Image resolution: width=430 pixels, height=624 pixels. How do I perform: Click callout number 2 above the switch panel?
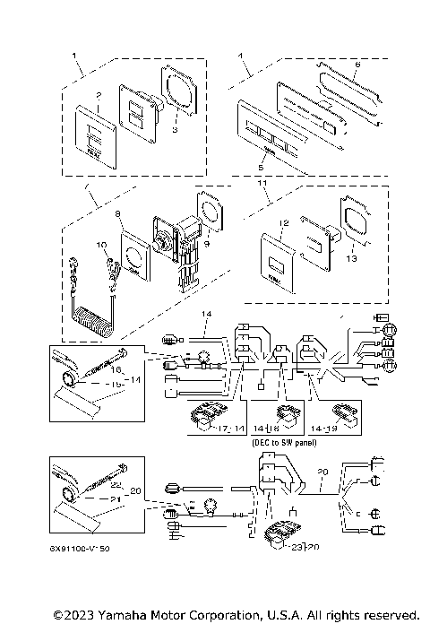(100, 94)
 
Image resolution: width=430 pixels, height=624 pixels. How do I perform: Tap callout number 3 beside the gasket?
(176, 131)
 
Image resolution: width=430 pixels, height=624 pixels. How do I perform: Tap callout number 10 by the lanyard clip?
(101, 244)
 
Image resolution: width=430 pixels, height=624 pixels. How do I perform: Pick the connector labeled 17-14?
(211, 415)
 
